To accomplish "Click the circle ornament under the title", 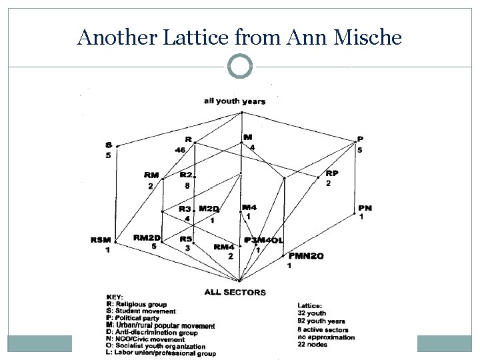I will click(x=239, y=67).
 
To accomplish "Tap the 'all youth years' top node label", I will click(x=235, y=101).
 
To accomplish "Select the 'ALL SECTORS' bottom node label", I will click(x=235, y=292).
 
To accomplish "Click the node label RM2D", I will click(x=147, y=237).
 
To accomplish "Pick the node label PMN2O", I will click(x=306, y=256).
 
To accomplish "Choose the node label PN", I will click(x=365, y=208).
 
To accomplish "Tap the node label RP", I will click(x=331, y=173).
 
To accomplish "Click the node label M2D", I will click(x=209, y=209).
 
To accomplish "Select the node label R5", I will click(x=186, y=238).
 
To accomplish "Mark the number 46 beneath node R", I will click(x=180, y=150).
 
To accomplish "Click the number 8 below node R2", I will click(x=187, y=185).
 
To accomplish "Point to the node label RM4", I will click(x=224, y=247).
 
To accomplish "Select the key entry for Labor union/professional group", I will click(x=161, y=353).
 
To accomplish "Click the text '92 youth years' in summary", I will click(x=321, y=321).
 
